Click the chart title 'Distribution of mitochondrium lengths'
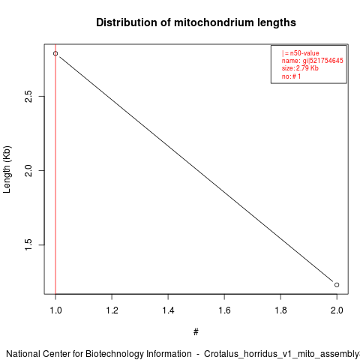click(196, 22)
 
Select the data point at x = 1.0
click(55, 53)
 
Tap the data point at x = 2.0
click(337, 285)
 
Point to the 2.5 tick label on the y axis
click(28, 96)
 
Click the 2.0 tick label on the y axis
click(28, 170)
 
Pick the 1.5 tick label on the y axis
click(28, 244)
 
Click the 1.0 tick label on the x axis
click(55, 310)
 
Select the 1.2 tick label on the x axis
click(112, 310)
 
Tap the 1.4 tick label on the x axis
click(168, 310)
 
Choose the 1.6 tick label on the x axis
click(224, 310)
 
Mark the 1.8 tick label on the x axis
click(280, 310)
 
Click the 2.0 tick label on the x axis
click(337, 310)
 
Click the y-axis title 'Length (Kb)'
click(7, 169)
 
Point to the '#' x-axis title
click(196, 332)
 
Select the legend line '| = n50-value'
click(301, 53)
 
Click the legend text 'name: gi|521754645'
click(313, 61)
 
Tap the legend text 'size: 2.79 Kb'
click(300, 68)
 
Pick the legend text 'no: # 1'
click(291, 76)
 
